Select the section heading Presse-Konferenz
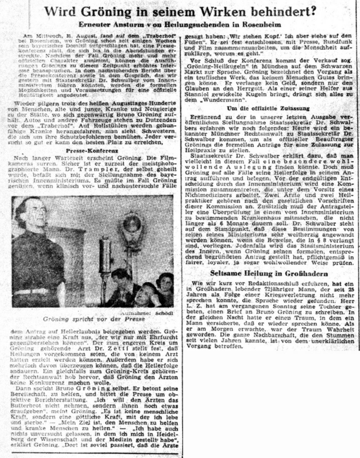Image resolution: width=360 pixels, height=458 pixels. click(x=90, y=151)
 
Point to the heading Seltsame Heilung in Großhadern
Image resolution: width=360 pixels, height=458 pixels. click(x=270, y=273)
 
